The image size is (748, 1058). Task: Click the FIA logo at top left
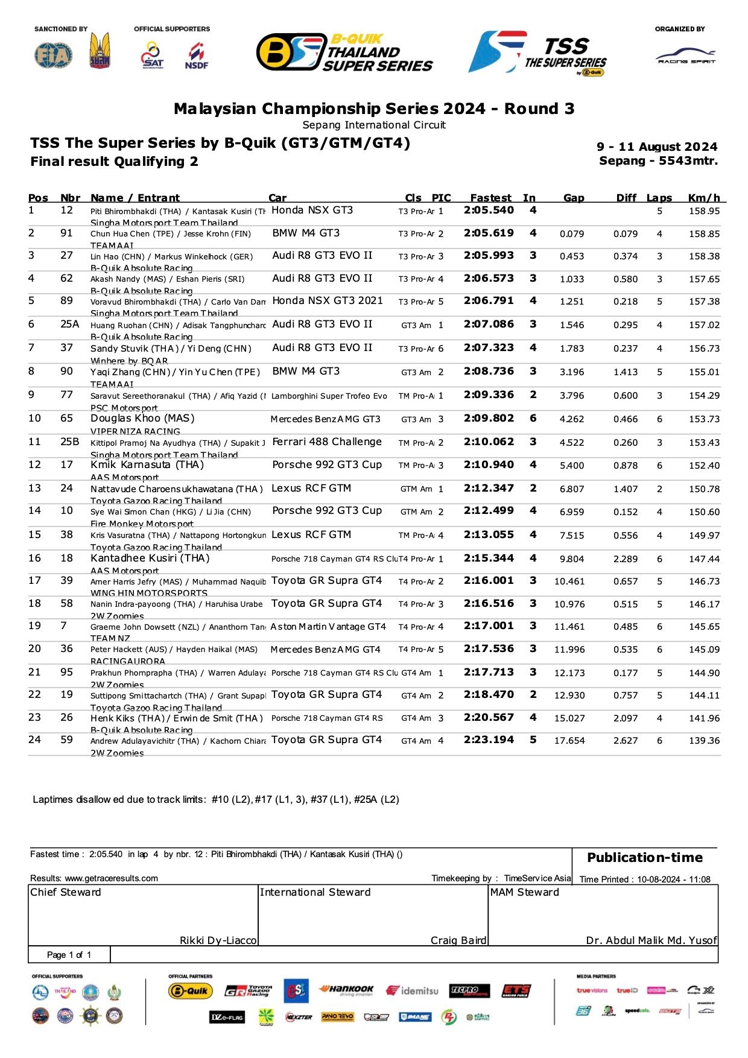click(x=54, y=55)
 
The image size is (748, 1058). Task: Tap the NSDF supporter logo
click(x=197, y=56)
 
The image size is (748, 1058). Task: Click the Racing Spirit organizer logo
click(x=686, y=57)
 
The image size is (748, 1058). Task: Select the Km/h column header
click(x=704, y=198)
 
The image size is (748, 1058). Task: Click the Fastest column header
click(x=490, y=198)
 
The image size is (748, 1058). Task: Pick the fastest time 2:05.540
click(x=489, y=211)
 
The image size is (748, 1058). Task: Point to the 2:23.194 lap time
click(x=489, y=740)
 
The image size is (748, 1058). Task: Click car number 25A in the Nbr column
click(x=69, y=325)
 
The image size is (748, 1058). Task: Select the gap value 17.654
click(x=569, y=741)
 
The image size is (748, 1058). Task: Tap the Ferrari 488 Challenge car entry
click(x=326, y=442)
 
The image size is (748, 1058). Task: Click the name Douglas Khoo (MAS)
click(x=142, y=419)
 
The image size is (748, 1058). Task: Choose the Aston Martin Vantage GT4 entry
click(x=328, y=627)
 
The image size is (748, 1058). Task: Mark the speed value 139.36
click(x=704, y=741)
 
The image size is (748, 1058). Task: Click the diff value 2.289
click(x=625, y=559)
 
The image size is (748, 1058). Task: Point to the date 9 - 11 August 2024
click(x=657, y=147)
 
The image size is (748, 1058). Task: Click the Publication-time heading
click(x=645, y=858)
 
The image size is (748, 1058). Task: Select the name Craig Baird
click(x=458, y=940)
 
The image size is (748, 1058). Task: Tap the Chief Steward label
click(x=66, y=893)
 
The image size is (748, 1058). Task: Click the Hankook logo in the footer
click(x=346, y=990)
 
